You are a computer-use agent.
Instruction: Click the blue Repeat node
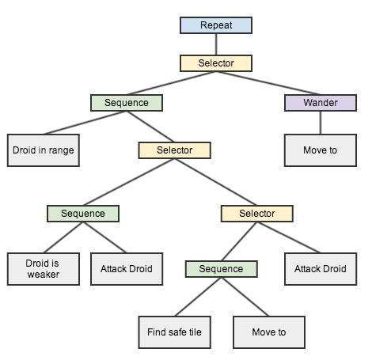tap(215, 25)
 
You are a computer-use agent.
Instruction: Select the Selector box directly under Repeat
tap(215, 63)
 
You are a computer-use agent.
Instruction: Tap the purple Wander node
tap(320, 103)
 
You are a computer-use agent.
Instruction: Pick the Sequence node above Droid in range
tap(126, 103)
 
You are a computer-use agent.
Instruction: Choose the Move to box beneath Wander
tap(320, 150)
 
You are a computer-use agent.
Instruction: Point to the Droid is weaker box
tap(44, 268)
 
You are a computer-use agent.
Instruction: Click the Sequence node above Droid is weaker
tap(82, 214)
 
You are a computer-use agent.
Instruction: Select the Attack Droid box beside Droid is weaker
tap(127, 268)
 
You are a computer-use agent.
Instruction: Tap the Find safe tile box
tap(174, 332)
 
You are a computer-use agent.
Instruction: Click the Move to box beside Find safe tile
tap(269, 332)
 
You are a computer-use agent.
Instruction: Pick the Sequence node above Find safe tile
tap(221, 269)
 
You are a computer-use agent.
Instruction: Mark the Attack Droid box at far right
tap(320, 268)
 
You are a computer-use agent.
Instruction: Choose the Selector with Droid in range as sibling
tap(175, 150)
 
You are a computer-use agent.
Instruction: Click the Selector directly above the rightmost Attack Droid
tap(256, 214)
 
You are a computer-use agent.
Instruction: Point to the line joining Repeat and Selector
tap(215, 44)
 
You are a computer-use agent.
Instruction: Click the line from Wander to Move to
tap(320, 122)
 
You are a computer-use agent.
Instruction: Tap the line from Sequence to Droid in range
tap(83, 123)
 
